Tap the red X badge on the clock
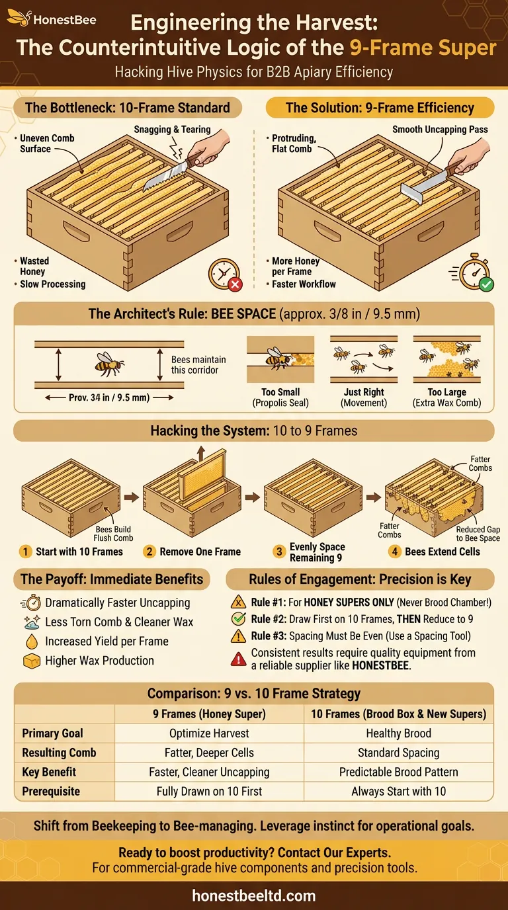(235, 284)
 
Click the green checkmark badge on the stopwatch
(486, 284)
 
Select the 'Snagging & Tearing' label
(173, 130)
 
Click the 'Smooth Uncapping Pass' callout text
(440, 130)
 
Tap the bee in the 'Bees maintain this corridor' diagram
(109, 363)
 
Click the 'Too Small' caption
(280, 392)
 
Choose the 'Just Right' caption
(364, 392)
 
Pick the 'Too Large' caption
(446, 392)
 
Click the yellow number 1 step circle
(26, 552)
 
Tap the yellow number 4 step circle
(394, 552)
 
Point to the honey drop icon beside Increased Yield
(31, 641)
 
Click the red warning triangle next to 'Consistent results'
(239, 659)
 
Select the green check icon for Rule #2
(238, 619)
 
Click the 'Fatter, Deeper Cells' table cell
(209, 753)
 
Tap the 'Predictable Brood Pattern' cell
(399, 772)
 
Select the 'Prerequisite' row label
(51, 792)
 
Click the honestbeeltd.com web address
(254, 895)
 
